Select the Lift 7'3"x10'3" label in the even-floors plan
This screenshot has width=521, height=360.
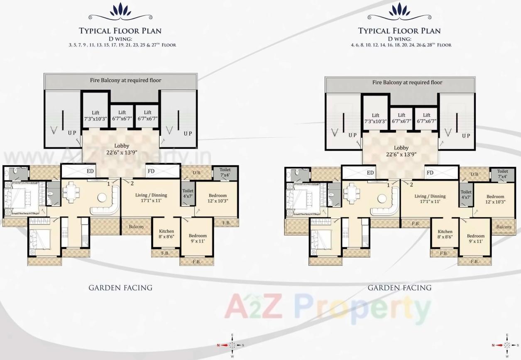click(x=376, y=118)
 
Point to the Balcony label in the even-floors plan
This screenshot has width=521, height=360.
click(x=504, y=227)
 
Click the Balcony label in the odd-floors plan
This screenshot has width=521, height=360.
click(x=136, y=227)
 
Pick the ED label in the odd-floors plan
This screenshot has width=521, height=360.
click(x=90, y=171)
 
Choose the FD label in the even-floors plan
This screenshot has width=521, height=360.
click(x=430, y=173)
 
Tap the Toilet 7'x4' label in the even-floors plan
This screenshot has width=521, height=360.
click(x=502, y=174)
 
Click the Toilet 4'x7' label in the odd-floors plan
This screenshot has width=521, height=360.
click(x=188, y=194)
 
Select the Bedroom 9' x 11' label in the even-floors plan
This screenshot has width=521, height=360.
click(x=475, y=238)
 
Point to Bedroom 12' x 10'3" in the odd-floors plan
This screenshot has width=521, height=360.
click(x=218, y=198)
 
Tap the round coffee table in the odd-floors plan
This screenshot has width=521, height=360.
click(x=102, y=197)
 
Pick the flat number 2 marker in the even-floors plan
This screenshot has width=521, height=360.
click(x=411, y=185)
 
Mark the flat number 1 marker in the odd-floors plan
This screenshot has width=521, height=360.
click(x=108, y=183)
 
